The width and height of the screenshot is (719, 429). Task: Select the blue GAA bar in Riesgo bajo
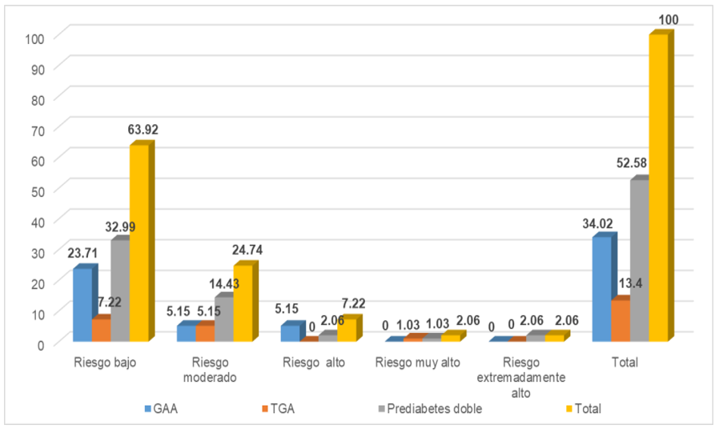pyautogui.click(x=82, y=305)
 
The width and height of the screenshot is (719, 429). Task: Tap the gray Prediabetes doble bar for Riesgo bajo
pyautogui.click(x=120, y=291)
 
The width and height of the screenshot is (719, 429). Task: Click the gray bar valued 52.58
pyautogui.click(x=638, y=261)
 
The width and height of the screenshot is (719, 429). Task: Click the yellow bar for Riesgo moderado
pyautogui.click(x=243, y=304)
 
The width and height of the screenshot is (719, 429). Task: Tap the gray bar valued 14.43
pyautogui.click(x=223, y=320)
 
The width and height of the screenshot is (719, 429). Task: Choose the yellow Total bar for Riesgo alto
pyautogui.click(x=346, y=331)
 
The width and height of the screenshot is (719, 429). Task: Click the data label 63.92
pyautogui.click(x=144, y=129)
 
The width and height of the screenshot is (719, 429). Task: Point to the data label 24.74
pyautogui.click(x=247, y=250)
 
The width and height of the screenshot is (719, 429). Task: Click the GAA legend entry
pyautogui.click(x=163, y=409)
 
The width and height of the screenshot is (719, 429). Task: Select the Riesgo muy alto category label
pyautogui.click(x=418, y=362)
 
